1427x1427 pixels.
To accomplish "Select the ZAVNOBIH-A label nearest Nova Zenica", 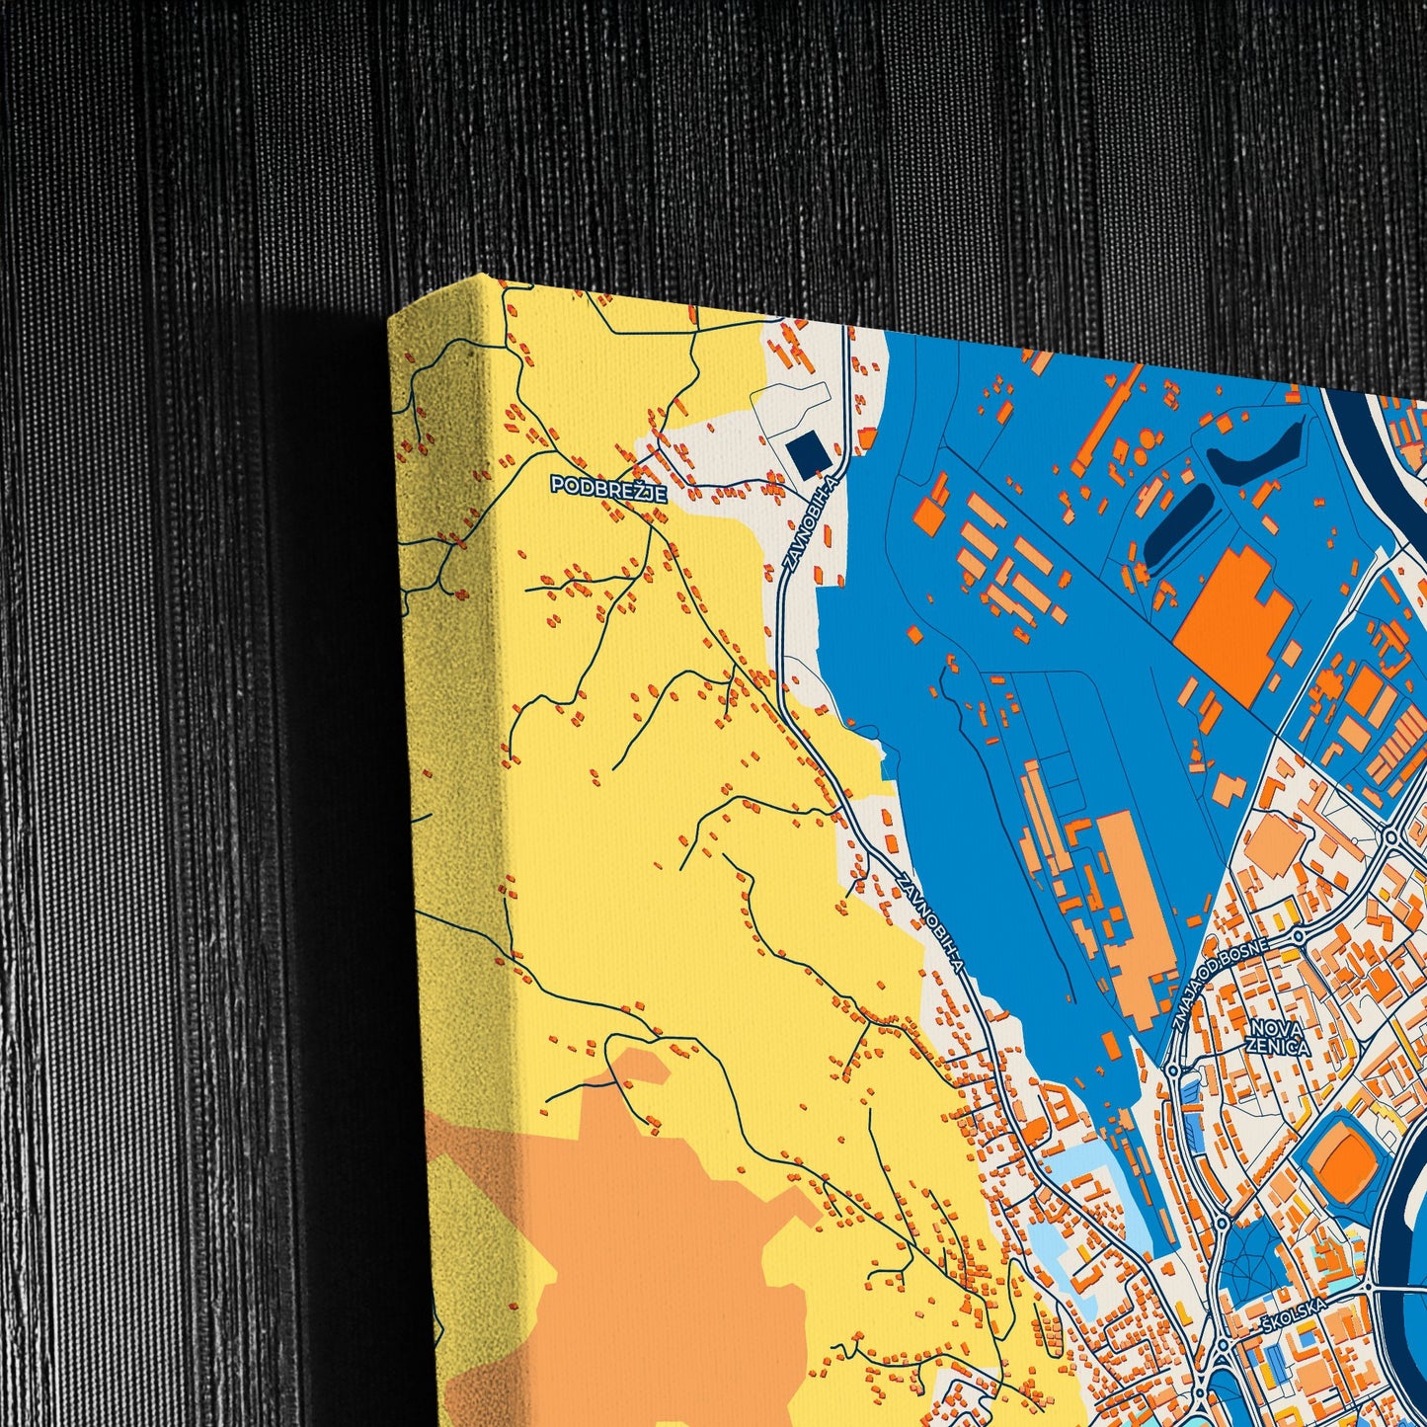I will coord(930,922).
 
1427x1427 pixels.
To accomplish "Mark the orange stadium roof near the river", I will coord(1341,1152).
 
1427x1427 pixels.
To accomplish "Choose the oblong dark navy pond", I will coord(1176,524).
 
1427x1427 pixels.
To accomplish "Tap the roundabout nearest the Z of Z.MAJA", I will coord(1171,1070).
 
